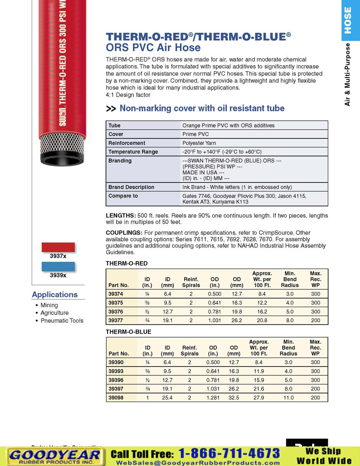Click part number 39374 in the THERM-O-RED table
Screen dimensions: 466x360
tap(116, 294)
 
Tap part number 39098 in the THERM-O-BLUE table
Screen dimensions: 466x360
tap(116, 397)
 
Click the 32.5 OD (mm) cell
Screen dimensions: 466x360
tap(234, 397)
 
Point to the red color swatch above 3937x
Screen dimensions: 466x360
tap(58, 247)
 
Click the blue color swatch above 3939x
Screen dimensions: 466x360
tap(58, 266)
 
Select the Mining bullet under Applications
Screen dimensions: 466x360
tap(49, 305)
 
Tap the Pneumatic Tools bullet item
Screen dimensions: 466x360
tap(62, 321)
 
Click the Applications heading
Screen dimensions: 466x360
tap(55, 294)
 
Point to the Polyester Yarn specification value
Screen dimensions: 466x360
tap(199, 143)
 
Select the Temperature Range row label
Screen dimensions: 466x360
tap(133, 152)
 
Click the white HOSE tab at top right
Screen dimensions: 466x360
tap(348, 20)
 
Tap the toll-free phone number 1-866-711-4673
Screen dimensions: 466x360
tap(229, 453)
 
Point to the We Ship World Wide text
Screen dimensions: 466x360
tap(324, 456)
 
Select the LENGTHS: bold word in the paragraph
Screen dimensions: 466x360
tap(121, 216)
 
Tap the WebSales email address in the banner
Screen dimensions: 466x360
tap(198, 462)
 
